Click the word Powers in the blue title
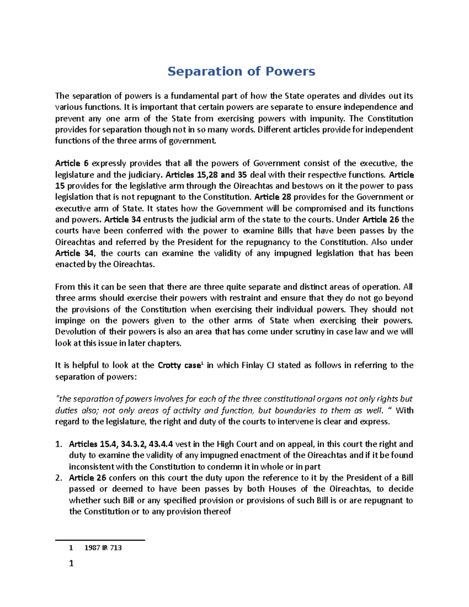pyautogui.click(x=290, y=72)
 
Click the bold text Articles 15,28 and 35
pyautogui.click(x=206, y=175)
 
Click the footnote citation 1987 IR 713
pyautogui.click(x=103, y=548)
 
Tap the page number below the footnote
pyautogui.click(x=71, y=564)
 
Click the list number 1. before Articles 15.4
pyautogui.click(x=59, y=444)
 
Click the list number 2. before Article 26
pyautogui.click(x=59, y=478)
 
